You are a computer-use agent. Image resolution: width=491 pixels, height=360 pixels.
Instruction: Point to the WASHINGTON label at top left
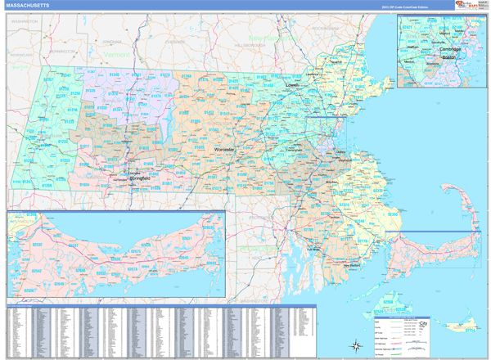25,21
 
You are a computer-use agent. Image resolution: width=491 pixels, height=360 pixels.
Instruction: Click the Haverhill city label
335,61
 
